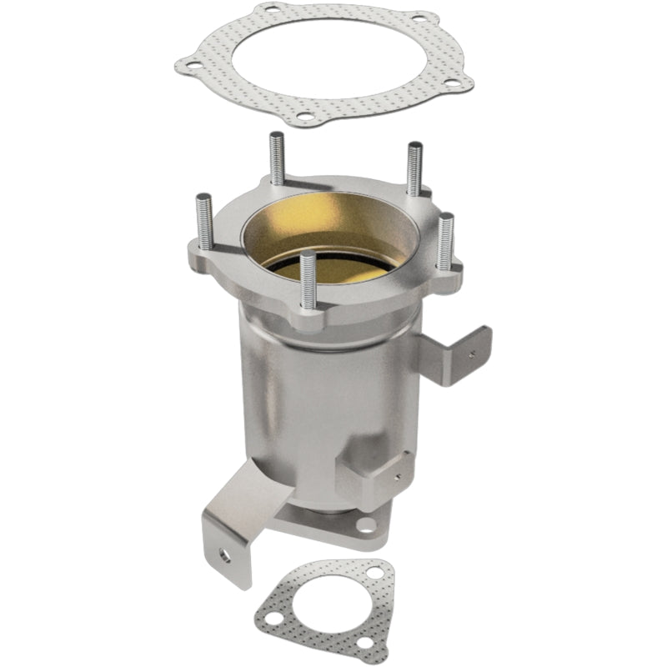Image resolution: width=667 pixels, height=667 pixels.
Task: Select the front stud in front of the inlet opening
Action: pos(308,279)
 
